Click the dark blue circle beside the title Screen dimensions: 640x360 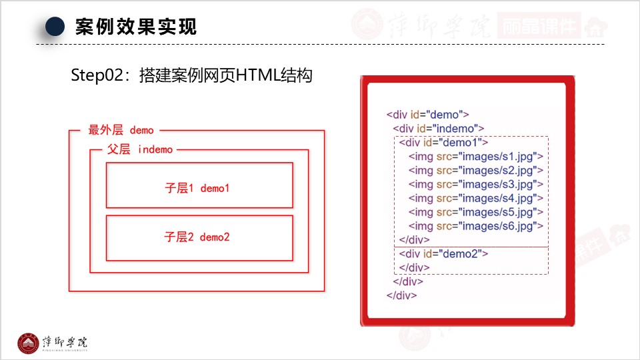point(55,27)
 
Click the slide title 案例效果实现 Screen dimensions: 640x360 point(136,27)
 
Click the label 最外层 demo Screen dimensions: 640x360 point(121,130)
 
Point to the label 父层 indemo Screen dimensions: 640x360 point(140,149)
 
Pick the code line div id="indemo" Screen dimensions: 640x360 point(438,129)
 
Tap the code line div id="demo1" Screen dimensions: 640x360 point(443,143)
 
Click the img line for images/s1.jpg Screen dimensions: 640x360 point(475,157)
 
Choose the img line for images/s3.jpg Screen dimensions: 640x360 point(475,184)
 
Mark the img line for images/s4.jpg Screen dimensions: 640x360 point(475,198)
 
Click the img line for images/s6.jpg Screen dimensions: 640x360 point(475,226)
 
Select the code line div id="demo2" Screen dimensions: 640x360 point(443,254)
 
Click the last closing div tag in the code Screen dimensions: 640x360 point(401,295)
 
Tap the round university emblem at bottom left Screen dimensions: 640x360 point(28,343)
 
